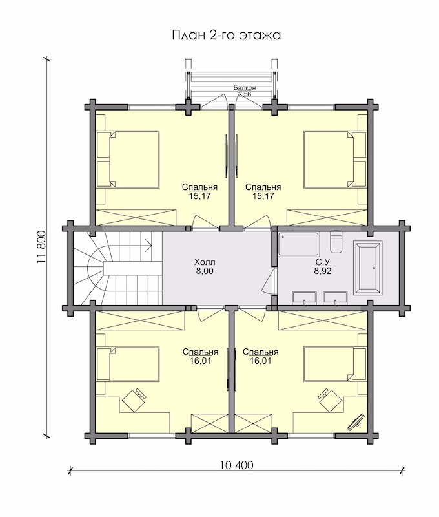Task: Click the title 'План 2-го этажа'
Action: tap(227, 36)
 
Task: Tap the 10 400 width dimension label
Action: tap(237, 465)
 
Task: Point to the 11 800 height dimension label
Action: tap(41, 247)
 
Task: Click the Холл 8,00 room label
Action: tap(204, 267)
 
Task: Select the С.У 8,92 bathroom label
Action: tap(323, 267)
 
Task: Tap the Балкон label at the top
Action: tap(245, 88)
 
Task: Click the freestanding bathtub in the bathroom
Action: tap(367, 268)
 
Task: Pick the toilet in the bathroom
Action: tap(336, 243)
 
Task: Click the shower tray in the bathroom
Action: tap(298, 244)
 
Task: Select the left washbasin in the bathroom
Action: tap(305, 297)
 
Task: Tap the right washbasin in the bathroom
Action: tap(335, 297)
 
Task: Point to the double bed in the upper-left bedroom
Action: tap(128, 160)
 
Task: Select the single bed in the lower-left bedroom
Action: tap(128, 364)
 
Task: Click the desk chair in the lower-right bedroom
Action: tap(330, 399)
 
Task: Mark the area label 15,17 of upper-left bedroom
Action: tap(199, 196)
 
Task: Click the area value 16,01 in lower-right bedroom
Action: tap(261, 361)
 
